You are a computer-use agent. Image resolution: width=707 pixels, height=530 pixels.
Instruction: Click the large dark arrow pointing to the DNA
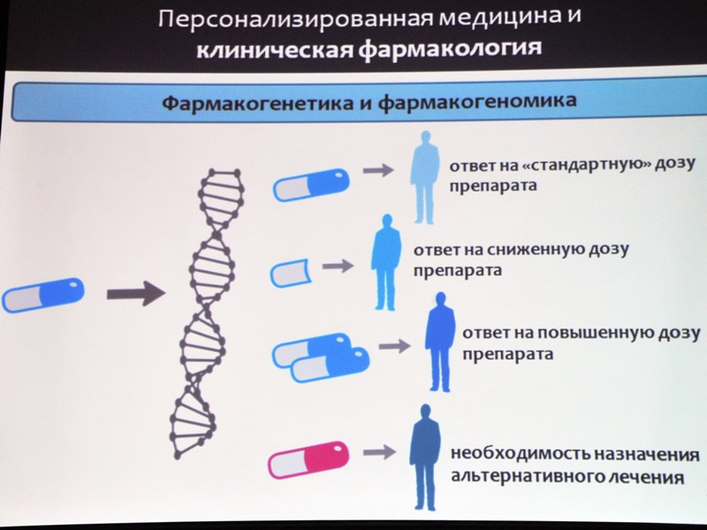[x=136, y=294]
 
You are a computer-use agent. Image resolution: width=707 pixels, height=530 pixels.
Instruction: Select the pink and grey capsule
[x=308, y=459]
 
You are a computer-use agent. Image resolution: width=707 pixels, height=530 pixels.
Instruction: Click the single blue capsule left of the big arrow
[x=43, y=295]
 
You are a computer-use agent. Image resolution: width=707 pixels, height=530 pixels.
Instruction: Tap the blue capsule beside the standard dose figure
[x=311, y=185]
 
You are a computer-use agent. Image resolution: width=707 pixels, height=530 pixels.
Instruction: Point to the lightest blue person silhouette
[x=424, y=178]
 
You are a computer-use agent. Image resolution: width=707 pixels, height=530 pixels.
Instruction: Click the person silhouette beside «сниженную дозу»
[x=385, y=262]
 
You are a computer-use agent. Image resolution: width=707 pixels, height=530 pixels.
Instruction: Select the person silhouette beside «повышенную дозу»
[x=439, y=342]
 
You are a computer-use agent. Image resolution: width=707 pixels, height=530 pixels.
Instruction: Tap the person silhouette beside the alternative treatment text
[x=425, y=457]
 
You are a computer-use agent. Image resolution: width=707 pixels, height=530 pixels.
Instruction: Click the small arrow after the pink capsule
[x=380, y=451]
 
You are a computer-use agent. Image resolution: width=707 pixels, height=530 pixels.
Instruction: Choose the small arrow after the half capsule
[x=338, y=266]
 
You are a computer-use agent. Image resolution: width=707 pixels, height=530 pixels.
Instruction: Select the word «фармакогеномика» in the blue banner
[x=477, y=102]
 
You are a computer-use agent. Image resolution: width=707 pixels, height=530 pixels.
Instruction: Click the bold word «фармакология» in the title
[x=450, y=49]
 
